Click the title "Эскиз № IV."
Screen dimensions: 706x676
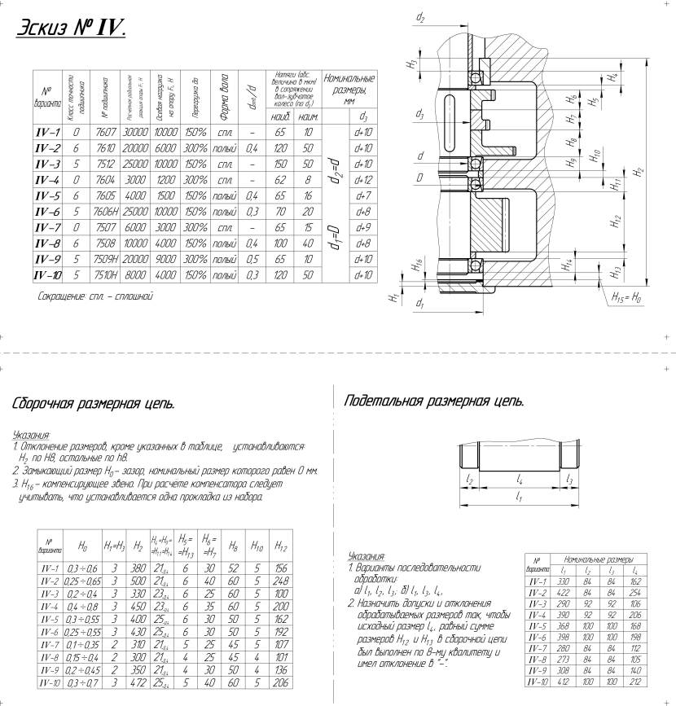[69, 28]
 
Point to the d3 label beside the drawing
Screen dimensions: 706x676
[418, 115]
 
